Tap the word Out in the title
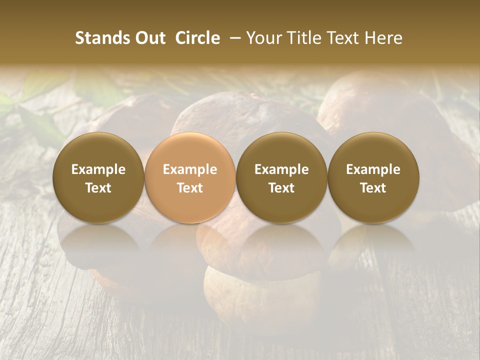tap(148, 38)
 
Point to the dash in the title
tap(232, 38)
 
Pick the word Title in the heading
tap(305, 38)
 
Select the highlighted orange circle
tap(190, 178)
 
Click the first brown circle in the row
tap(98, 178)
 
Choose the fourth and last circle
tap(373, 178)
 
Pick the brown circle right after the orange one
tap(281, 178)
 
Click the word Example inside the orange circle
tap(190, 169)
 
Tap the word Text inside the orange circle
tap(190, 188)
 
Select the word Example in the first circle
tap(98, 169)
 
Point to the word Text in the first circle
tap(98, 188)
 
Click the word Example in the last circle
tap(373, 169)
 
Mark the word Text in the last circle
tap(373, 188)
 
